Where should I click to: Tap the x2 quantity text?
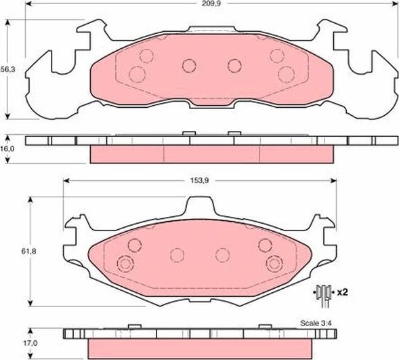click(342, 292)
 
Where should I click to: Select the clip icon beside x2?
click(322, 293)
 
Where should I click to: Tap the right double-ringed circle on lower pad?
click(274, 264)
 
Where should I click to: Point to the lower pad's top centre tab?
click(198, 206)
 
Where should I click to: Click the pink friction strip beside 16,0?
click(212, 155)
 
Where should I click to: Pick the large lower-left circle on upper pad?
click(137, 74)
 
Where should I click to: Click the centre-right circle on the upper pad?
click(234, 65)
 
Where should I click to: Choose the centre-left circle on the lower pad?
click(177, 255)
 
